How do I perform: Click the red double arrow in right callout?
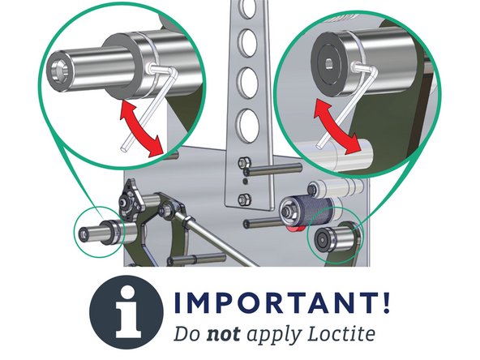(336, 126)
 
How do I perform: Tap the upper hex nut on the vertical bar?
(244, 167)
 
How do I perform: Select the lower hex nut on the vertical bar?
(244, 199)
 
